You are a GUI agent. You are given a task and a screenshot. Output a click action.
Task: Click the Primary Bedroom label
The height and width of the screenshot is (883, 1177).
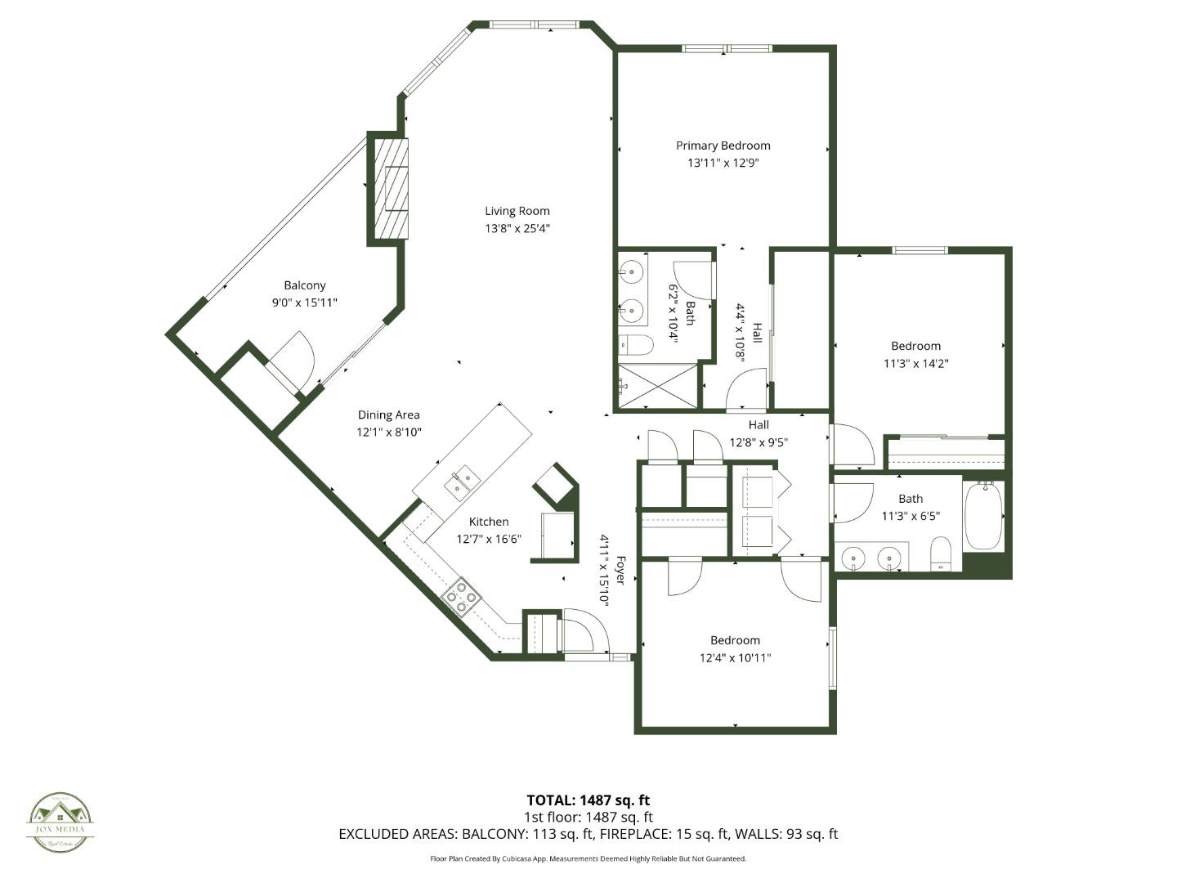point(723,146)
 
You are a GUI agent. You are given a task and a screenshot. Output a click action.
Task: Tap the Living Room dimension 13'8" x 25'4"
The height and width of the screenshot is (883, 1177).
point(517,229)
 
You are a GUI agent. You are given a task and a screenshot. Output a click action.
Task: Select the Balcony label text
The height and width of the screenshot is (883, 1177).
point(305,285)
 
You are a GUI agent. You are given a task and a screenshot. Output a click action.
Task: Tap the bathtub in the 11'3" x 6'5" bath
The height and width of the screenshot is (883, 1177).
point(982,517)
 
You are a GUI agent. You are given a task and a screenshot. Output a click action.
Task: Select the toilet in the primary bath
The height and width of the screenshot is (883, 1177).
point(634,346)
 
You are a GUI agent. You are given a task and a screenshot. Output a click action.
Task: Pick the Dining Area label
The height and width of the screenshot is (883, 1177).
point(388,415)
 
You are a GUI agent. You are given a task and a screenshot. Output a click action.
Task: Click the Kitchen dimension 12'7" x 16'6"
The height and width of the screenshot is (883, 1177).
point(489,539)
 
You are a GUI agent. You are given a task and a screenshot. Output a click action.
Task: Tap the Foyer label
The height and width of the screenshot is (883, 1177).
point(620,570)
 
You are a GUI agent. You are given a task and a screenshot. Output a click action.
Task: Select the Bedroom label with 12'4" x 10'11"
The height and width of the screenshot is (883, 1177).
point(735,640)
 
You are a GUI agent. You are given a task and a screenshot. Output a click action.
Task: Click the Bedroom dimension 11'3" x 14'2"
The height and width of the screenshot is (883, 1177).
point(915,363)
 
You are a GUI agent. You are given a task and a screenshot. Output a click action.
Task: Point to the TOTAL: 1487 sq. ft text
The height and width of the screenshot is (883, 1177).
point(588,800)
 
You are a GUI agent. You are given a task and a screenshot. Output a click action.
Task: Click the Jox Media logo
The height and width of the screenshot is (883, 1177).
point(60,822)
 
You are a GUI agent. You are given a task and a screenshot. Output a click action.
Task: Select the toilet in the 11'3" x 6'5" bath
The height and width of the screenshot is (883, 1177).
point(941,554)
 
